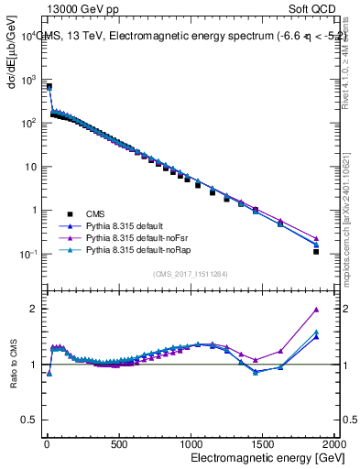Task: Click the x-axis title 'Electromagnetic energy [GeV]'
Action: pos(260,456)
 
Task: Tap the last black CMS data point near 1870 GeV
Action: pos(315,251)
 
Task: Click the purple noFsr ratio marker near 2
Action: pos(315,310)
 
